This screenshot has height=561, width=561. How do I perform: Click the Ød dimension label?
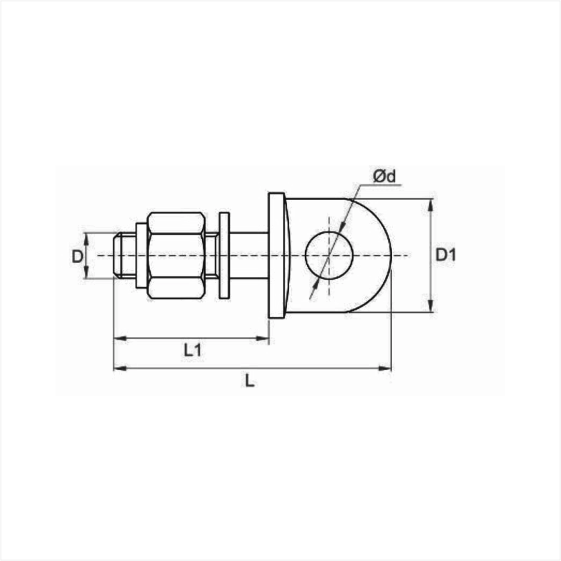coord(384,176)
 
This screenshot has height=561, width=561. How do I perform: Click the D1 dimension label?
coord(446,255)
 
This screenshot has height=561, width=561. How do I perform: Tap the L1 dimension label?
coord(192,350)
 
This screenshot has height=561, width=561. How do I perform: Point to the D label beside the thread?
coord(77,256)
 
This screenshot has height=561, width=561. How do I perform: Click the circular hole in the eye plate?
coord(329,255)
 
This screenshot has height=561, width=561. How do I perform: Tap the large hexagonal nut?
coord(176,256)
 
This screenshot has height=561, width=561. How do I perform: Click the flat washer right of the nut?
coord(224,256)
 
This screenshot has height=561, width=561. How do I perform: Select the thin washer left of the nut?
coord(142,256)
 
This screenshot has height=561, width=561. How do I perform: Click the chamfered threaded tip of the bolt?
coord(117,255)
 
